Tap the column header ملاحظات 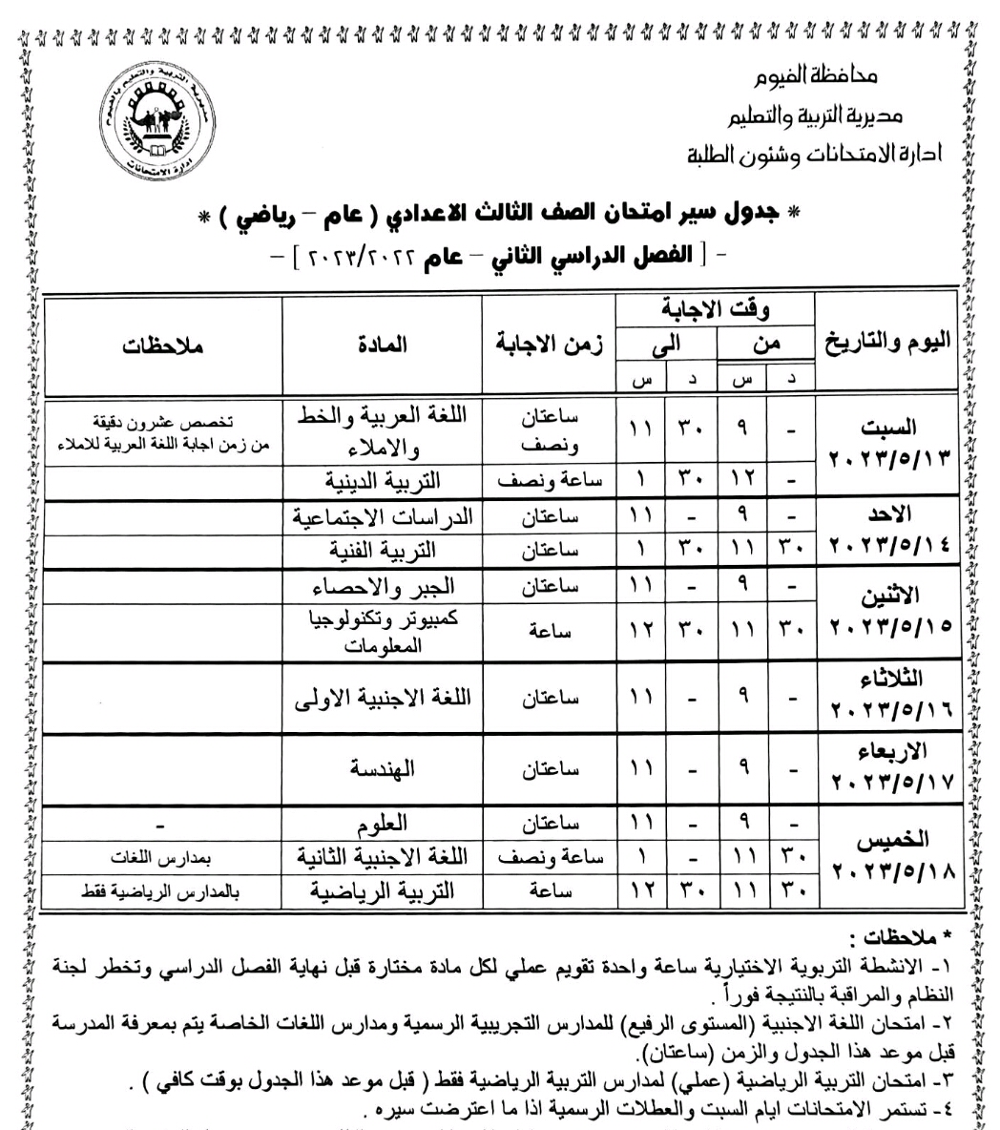[162, 345]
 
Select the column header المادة [383, 345]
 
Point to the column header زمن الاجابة [548, 345]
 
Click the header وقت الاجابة [715, 309]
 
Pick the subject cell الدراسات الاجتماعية [384, 516]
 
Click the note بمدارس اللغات [162, 856]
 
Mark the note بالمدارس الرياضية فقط [162, 891]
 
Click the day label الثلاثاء [891, 679]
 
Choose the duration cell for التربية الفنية [548, 551]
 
